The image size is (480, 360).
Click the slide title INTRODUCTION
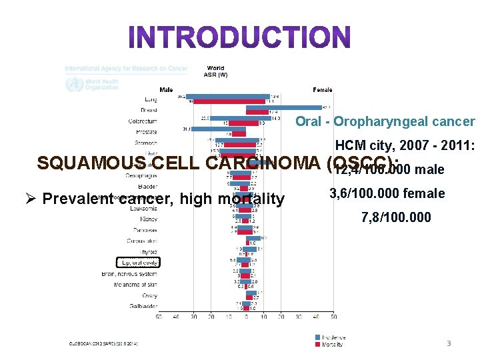pyautogui.click(x=239, y=38)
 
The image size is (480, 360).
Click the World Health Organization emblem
pyautogui.click(x=71, y=84)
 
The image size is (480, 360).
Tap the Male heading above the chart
pyautogui.click(x=165, y=89)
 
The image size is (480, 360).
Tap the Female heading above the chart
pyautogui.click(x=323, y=89)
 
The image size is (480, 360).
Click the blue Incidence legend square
pyautogui.click(x=317, y=338)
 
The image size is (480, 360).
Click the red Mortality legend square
pyautogui.click(x=317, y=344)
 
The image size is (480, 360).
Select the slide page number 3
pyautogui.click(x=449, y=343)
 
